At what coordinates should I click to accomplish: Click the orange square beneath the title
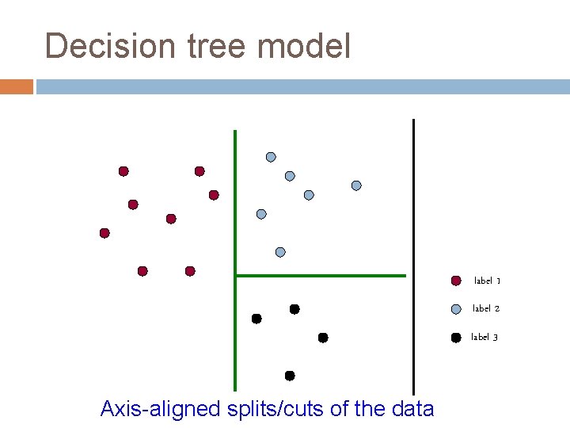17,86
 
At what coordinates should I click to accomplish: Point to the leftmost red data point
104,233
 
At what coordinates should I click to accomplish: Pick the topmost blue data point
271,157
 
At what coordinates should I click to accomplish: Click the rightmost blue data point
356,185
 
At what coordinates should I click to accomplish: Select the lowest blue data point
280,252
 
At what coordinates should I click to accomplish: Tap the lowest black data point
290,376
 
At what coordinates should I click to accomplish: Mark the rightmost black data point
323,338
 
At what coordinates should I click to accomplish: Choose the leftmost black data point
256,319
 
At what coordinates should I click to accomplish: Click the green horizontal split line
321,276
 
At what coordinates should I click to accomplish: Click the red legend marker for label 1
456,281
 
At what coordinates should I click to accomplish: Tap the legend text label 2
486,308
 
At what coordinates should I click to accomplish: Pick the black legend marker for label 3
456,338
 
